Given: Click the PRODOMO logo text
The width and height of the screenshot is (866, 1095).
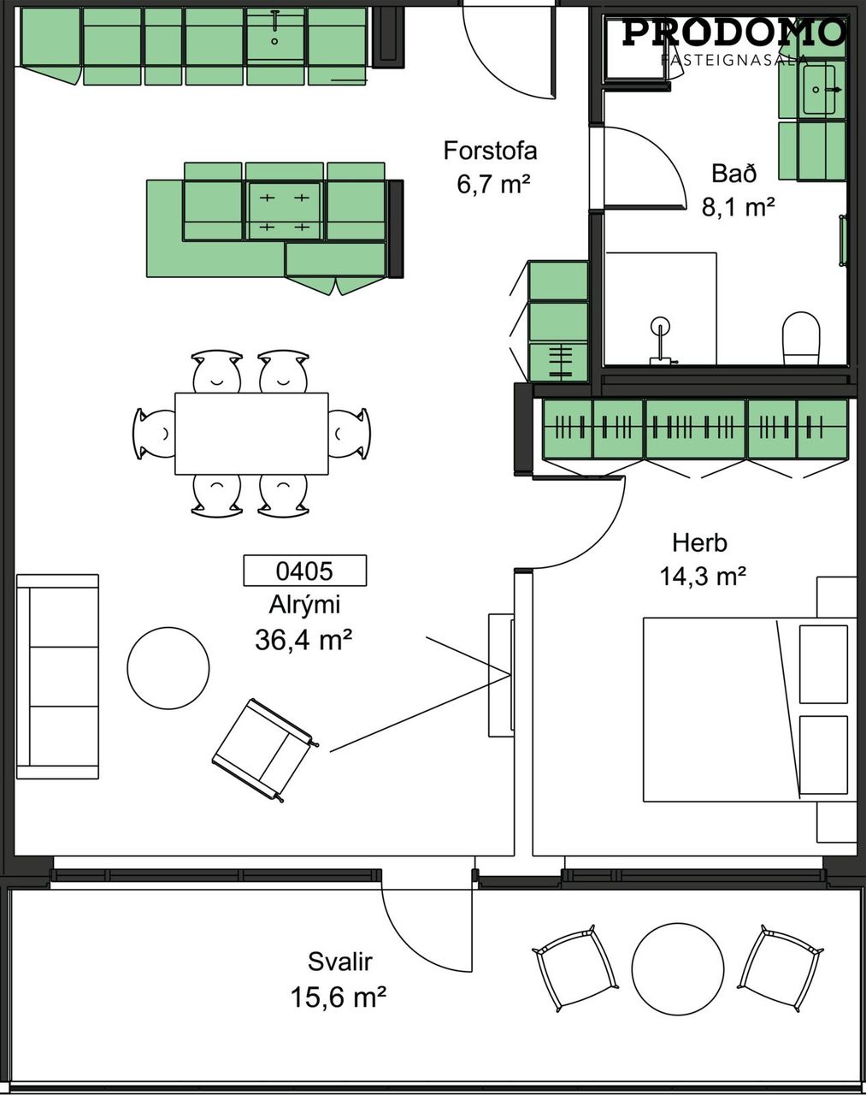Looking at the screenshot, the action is point(734,33).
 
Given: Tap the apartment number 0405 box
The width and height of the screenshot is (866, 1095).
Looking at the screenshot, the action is point(304,571).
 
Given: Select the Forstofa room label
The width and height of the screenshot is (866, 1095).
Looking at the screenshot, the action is point(490,151).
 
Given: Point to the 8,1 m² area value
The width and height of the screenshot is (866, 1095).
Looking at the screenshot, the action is point(739,207).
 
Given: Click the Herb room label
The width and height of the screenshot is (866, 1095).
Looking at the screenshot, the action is point(699,543).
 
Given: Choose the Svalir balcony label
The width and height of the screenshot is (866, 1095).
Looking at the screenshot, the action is point(339,962).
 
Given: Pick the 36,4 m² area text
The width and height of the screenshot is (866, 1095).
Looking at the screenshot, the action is point(303,640).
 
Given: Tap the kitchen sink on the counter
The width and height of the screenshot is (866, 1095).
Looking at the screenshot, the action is point(275,34).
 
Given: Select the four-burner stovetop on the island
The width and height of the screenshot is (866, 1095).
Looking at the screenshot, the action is point(285,211).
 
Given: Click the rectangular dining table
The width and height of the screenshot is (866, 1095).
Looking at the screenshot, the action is point(251,434).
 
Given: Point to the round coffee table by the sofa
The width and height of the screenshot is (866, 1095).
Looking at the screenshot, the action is point(168,668).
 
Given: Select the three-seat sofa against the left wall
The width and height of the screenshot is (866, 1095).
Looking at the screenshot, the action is point(57,677).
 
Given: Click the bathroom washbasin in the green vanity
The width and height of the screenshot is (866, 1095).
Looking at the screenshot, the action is point(819,90).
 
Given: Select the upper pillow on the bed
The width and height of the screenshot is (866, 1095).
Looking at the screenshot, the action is point(824,664).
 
